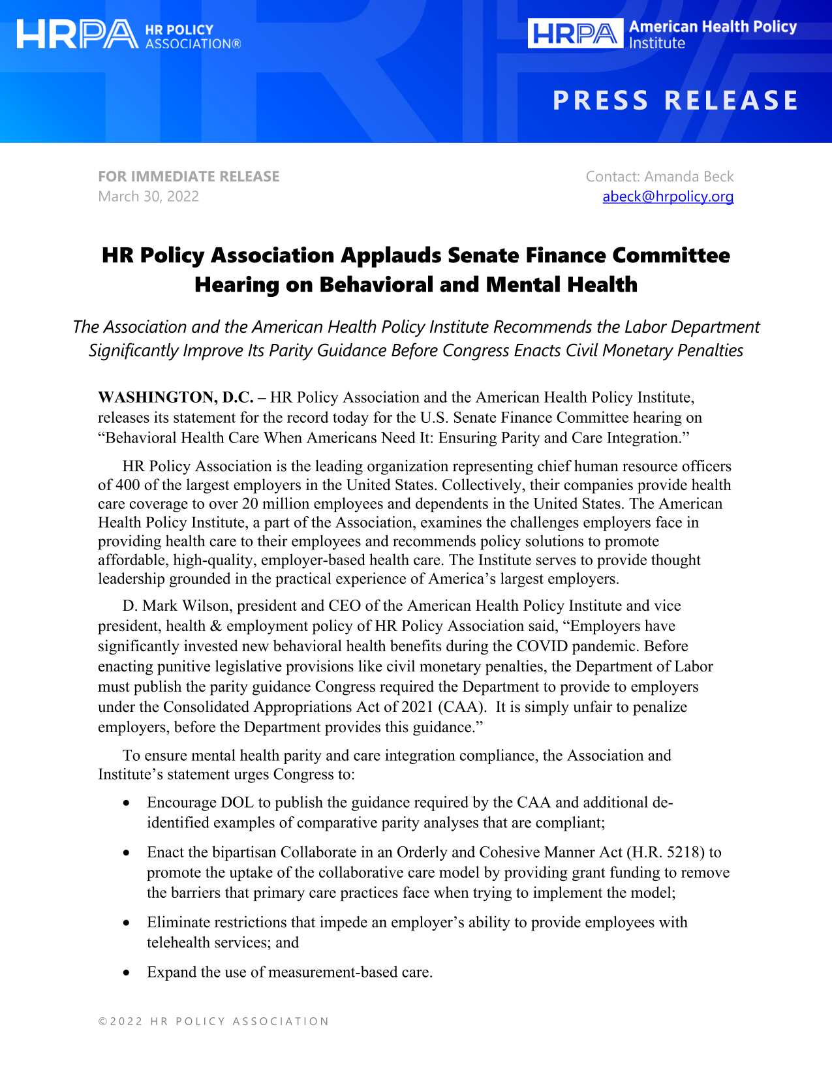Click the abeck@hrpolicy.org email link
click(668, 196)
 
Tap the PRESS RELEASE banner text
click(675, 100)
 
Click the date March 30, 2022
click(148, 196)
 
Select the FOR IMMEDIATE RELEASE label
click(189, 176)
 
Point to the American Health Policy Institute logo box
click(575, 34)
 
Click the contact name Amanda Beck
click(688, 176)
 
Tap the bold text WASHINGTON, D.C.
click(176, 397)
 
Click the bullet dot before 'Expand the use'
click(127, 973)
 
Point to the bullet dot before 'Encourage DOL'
click(127, 803)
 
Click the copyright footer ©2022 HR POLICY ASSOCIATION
click(213, 1021)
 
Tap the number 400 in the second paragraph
click(128, 485)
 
